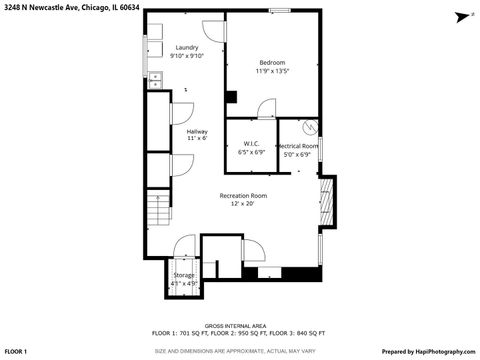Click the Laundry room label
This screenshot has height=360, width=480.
click(186, 47)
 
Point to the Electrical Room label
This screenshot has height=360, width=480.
click(298, 146)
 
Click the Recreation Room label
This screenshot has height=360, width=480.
click(244, 195)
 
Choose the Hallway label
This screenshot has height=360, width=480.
click(196, 130)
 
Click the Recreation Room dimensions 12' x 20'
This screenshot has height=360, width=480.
click(244, 204)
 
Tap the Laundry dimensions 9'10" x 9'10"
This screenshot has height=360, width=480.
click(186, 56)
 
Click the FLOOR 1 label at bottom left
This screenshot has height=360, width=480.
click(17, 352)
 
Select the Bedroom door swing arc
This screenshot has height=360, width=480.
click(266, 108)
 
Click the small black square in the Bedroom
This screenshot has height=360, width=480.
click(231, 97)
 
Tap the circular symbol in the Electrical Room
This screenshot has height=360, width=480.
click(310, 127)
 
